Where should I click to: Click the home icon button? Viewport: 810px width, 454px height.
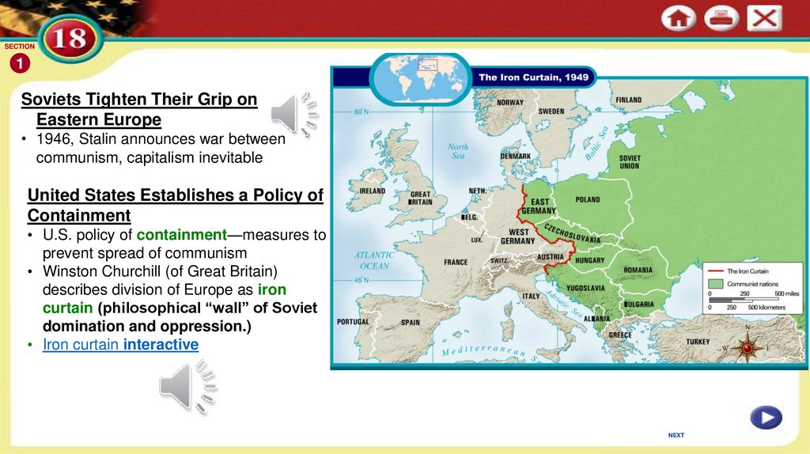coord(679,19)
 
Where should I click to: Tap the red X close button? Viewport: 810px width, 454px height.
coord(763,18)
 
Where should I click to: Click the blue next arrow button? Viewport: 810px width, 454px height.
coord(766,417)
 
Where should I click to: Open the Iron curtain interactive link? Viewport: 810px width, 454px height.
coord(120,345)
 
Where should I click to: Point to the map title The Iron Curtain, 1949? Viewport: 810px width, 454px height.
coord(531,78)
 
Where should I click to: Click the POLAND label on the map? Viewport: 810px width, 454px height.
coord(588,200)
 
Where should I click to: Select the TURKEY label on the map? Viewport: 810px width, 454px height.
coord(698,342)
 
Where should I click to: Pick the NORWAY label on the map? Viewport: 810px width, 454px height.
coord(509,103)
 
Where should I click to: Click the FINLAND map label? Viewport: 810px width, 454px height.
coord(629,100)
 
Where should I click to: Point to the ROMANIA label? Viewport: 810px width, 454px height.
coord(638,270)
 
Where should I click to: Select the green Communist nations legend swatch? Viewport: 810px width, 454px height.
coord(716,283)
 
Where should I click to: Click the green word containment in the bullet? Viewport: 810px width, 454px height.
coord(182,235)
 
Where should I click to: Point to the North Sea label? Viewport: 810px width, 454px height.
coord(458,151)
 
